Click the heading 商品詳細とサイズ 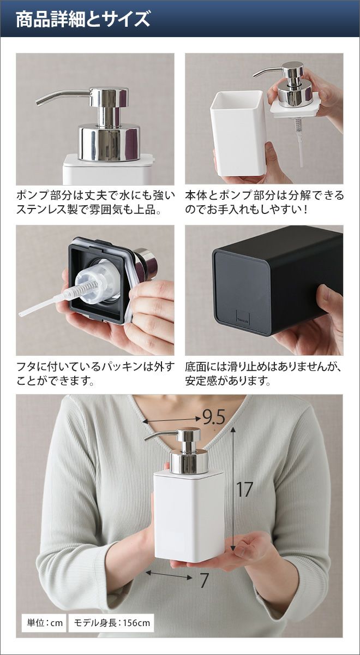(83, 19)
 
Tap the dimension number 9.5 (214, 418)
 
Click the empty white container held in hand (238, 133)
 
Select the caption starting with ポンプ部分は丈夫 (95, 202)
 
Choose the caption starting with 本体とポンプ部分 (264, 202)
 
